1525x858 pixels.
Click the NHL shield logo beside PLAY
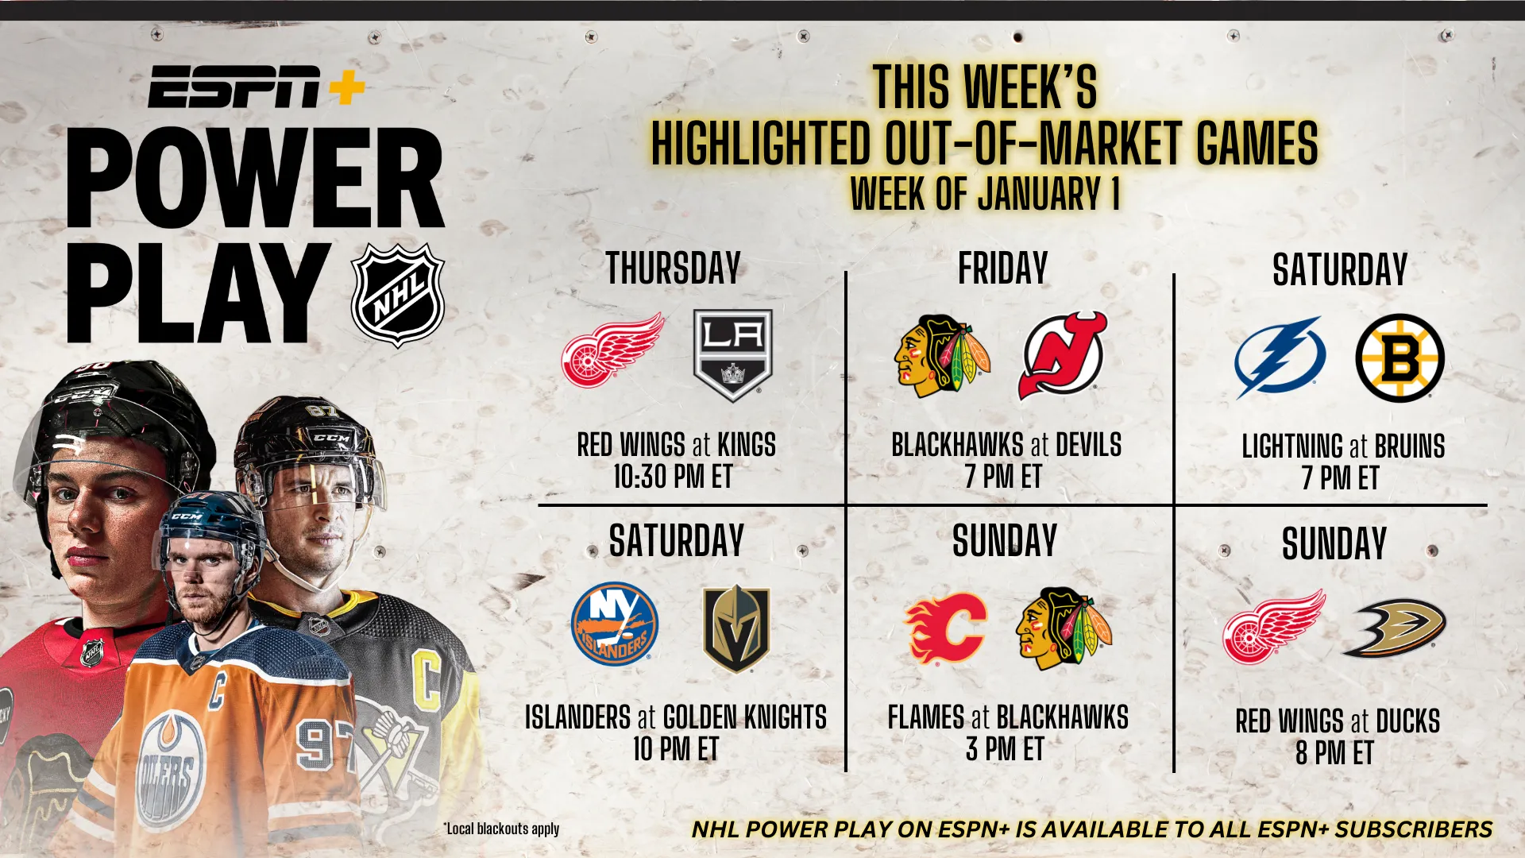(398, 296)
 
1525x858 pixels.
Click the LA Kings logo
(732, 354)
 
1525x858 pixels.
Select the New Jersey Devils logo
(1063, 355)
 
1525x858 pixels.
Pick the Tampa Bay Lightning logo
(1280, 357)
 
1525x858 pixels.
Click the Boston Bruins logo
(1400, 357)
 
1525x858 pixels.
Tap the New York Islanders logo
(615, 624)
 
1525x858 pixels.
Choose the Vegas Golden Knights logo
(736, 628)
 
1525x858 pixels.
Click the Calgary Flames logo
(946, 628)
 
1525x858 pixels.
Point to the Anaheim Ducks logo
(1395, 628)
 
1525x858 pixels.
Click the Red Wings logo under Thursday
(613, 350)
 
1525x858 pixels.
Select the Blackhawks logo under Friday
(941, 355)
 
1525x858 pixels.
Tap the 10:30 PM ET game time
(673, 477)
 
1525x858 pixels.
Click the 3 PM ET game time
(1005, 749)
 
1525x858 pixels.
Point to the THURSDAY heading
(674, 268)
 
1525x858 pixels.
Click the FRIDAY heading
(1003, 268)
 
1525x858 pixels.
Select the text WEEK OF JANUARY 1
(985, 193)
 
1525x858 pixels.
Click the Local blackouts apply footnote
(501, 829)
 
